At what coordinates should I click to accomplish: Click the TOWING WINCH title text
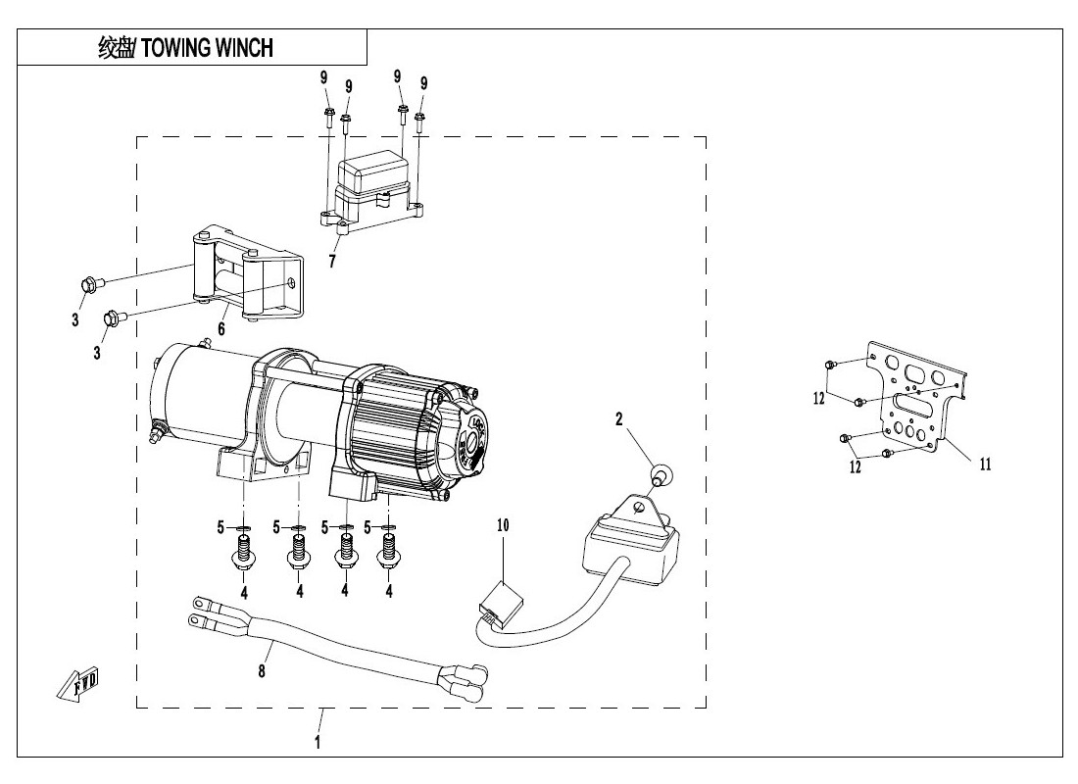[186, 48]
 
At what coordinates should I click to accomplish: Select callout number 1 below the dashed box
[318, 743]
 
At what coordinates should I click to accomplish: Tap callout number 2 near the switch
[619, 419]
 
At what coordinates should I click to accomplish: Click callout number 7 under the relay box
[332, 262]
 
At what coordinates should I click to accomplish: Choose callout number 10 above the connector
[503, 526]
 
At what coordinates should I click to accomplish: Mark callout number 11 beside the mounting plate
[985, 465]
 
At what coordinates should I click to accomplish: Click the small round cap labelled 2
[659, 477]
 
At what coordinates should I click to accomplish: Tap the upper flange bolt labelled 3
[86, 285]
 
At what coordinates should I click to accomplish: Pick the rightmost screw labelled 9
[419, 122]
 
